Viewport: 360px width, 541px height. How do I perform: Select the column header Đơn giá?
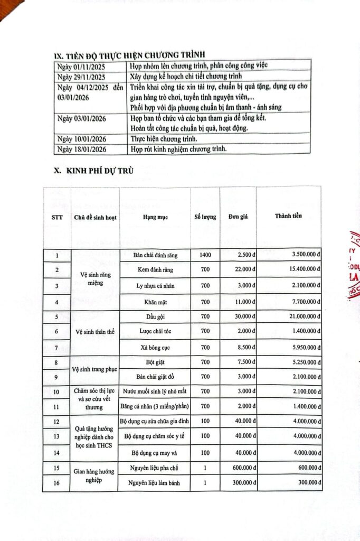point(239,217)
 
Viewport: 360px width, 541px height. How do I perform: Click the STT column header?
point(57,218)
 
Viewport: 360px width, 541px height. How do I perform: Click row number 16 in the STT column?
point(57,483)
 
